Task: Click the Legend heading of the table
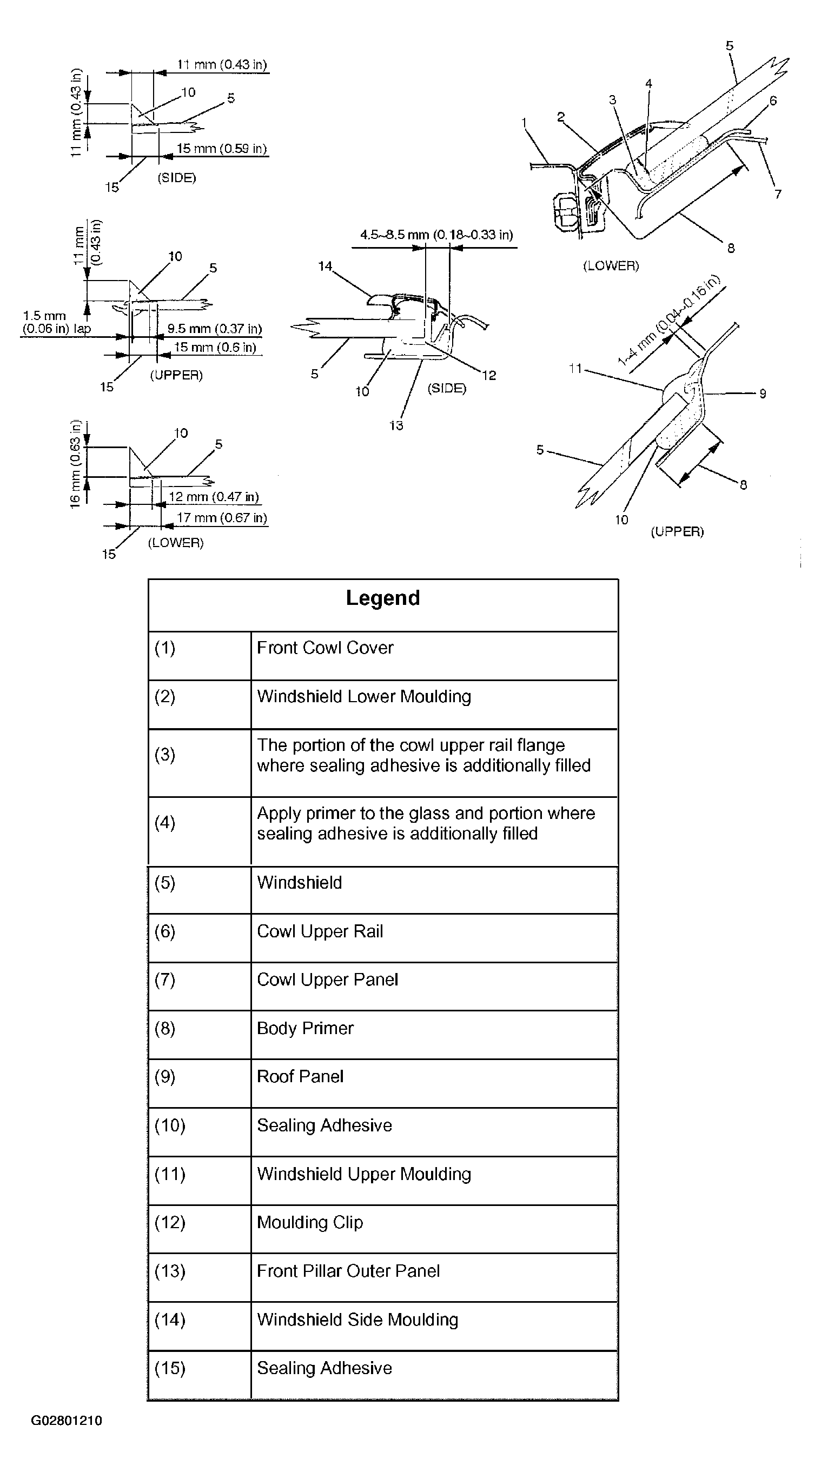(x=382, y=598)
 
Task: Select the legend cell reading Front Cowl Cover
(x=325, y=648)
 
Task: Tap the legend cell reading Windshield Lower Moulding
(x=364, y=697)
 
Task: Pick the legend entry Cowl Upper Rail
(x=320, y=931)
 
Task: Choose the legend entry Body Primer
(x=305, y=1028)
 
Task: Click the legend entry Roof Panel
(x=300, y=1077)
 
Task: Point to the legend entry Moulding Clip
(x=310, y=1222)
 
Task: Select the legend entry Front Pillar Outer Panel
(x=348, y=1271)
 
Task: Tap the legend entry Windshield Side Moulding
(x=357, y=1320)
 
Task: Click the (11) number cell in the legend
(x=170, y=1174)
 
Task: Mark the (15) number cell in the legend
(x=170, y=1368)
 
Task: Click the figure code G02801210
(x=67, y=1421)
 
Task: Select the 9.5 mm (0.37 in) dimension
(x=214, y=329)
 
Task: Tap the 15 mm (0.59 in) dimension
(x=222, y=149)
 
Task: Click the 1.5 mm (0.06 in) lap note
(x=56, y=322)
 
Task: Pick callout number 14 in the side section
(x=325, y=266)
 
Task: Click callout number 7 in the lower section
(x=778, y=194)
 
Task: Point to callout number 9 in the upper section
(x=763, y=393)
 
